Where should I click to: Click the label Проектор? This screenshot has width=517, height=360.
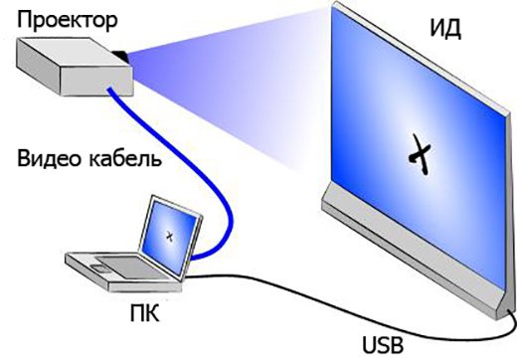[67, 21]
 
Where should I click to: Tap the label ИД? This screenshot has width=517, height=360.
[445, 29]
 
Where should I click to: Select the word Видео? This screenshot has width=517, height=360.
[49, 158]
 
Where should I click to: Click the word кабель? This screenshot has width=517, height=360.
[125, 158]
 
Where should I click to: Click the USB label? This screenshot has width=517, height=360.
[383, 345]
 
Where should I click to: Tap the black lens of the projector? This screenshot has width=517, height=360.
[120, 56]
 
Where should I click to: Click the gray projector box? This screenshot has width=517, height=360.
[75, 67]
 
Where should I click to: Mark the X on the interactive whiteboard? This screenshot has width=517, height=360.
[420, 154]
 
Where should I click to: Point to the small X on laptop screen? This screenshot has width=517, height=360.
[170, 236]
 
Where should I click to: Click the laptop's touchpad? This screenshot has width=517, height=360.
[99, 269]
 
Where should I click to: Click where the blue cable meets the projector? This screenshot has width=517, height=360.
[109, 89]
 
